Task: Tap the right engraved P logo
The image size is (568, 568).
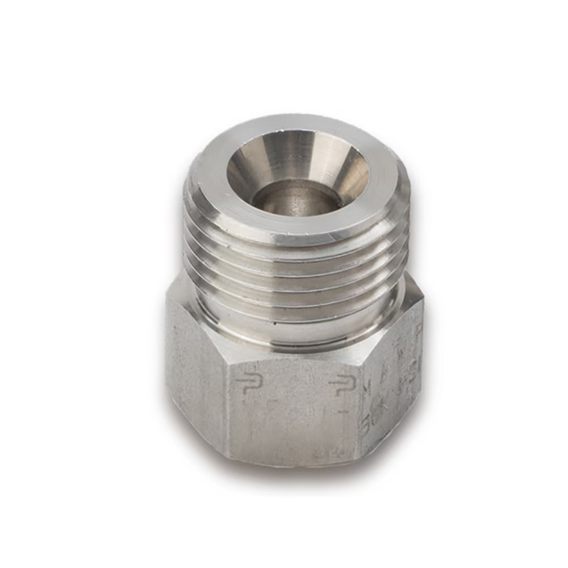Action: pos(343,386)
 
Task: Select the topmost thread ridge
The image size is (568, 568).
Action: pos(295,250)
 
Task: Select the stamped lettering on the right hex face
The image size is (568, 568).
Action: pos(392,392)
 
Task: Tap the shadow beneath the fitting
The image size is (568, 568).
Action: pos(295,480)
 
